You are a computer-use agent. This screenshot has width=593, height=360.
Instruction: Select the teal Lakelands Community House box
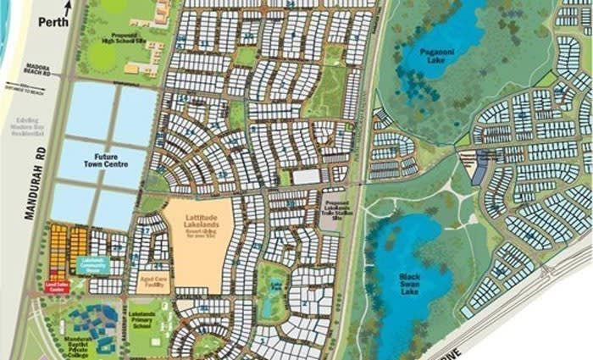[x=107, y=264]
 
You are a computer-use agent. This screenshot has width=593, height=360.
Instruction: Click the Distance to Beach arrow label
[x=24, y=88]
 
